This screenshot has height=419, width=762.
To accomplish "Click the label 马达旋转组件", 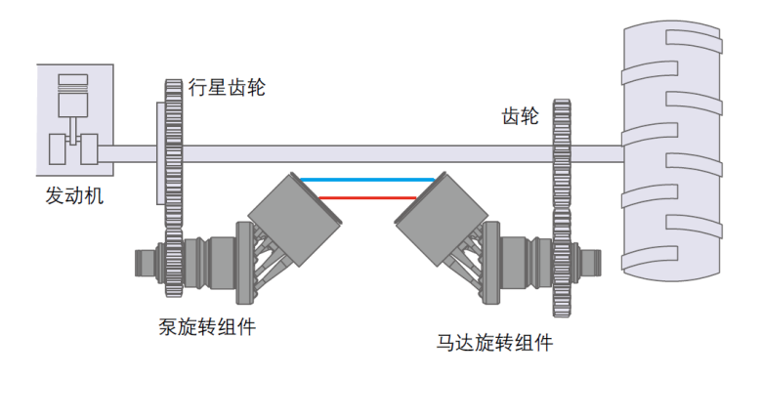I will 494,344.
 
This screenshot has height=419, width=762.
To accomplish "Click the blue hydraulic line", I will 367,181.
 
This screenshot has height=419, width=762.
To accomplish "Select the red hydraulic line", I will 367,197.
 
